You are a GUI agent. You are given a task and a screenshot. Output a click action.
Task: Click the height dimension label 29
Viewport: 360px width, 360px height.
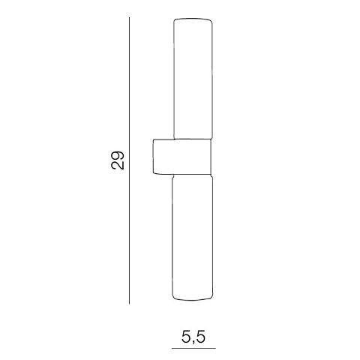[118, 160]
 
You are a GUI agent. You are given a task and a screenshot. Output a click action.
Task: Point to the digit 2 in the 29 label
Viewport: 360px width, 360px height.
[118, 165]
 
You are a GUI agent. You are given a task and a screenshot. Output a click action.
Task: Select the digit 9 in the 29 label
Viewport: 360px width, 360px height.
[118, 155]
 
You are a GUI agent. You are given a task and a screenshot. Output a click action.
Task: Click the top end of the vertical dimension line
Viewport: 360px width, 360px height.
[129, 17]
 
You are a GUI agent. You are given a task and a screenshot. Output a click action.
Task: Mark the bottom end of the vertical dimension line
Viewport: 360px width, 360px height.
[129, 304]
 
